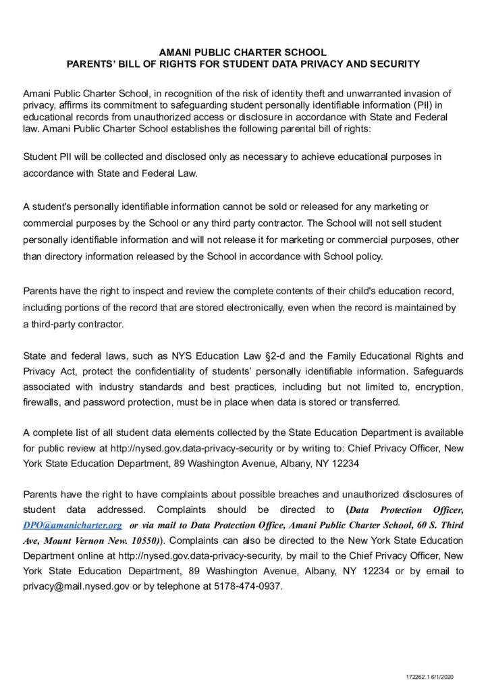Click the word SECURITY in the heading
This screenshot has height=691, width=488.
tap(394, 64)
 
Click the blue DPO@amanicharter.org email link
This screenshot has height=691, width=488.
tap(72, 524)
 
